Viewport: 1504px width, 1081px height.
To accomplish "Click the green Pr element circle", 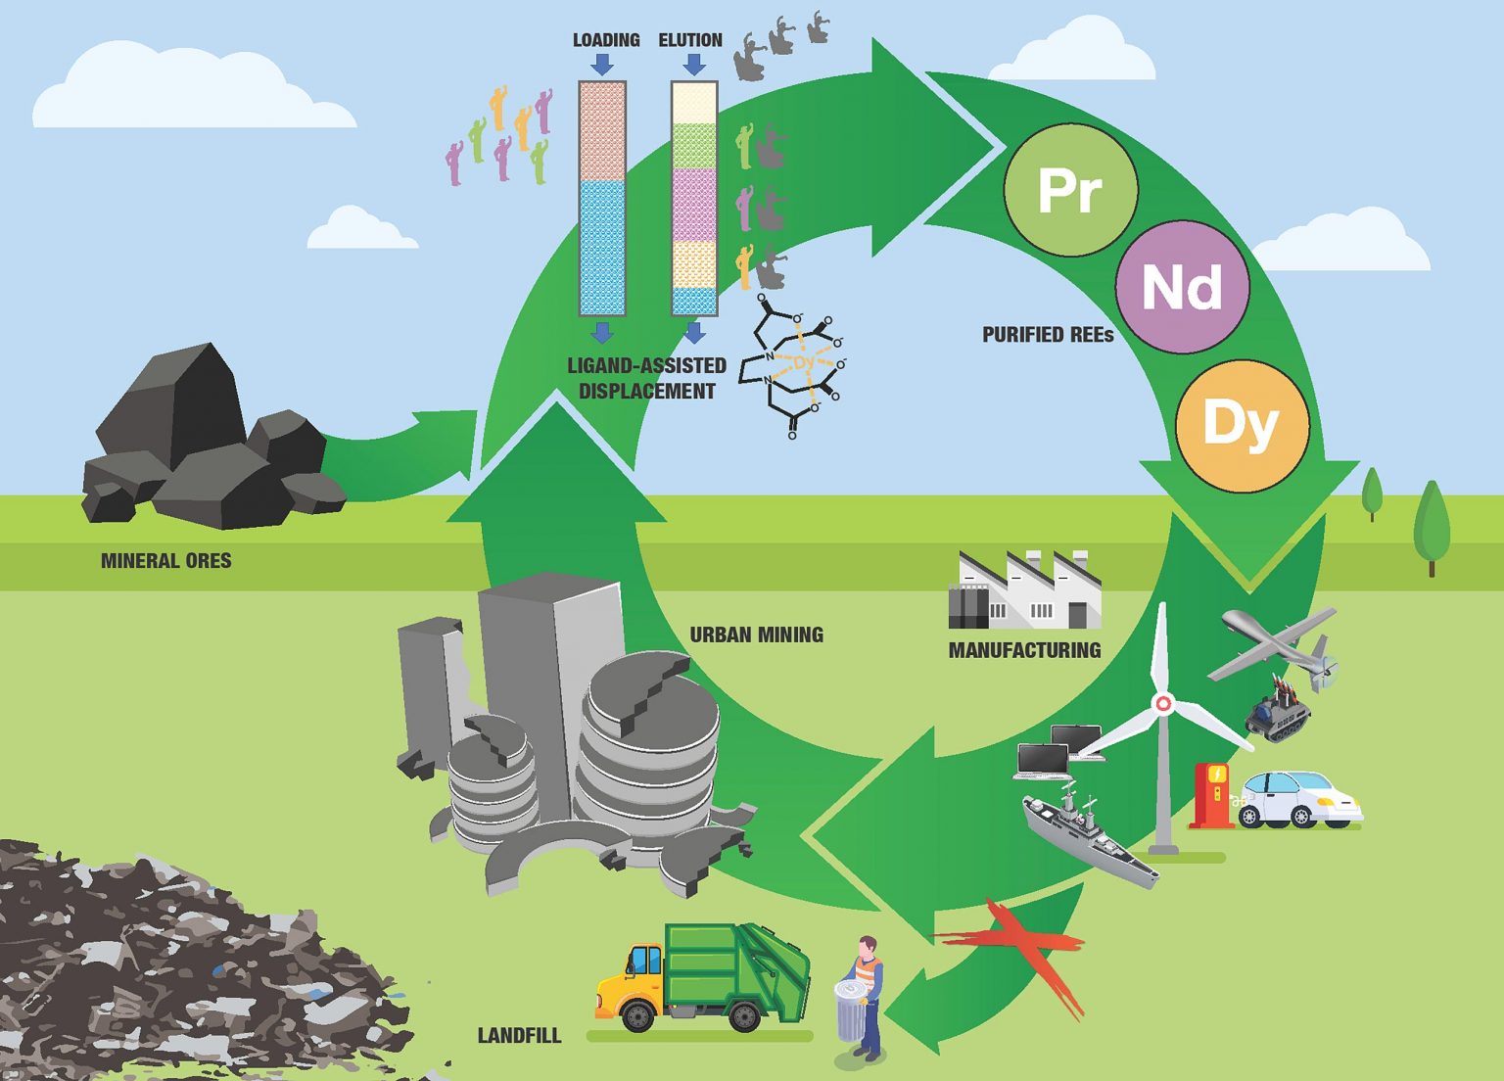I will coord(1070,190).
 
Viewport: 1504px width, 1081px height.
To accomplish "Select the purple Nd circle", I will coord(1182,287).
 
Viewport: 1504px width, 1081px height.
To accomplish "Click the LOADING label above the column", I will coord(606,40).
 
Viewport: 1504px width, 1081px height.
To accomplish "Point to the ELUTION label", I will coord(690,40).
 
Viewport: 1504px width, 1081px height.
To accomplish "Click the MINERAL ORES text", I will coord(166,561).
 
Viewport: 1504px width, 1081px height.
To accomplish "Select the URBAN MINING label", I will coord(756,634).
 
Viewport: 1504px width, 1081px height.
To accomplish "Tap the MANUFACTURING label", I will coord(1024,650).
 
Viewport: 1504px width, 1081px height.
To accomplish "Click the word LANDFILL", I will coord(519,1035).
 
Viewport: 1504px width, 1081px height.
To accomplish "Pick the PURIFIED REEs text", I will coord(1048,335).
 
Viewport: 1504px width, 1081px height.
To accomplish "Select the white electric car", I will coord(1297,800).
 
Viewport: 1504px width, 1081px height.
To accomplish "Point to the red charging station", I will coord(1213,793).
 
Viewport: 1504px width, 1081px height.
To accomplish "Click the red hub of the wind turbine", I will coord(1163,703).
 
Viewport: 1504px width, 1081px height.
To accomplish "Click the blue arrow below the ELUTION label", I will coord(694,65).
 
